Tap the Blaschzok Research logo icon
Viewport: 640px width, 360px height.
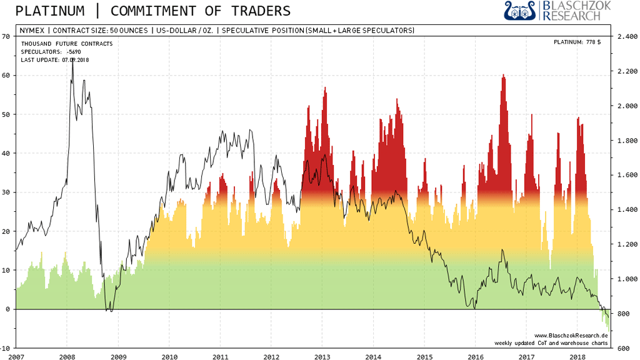tap(520, 10)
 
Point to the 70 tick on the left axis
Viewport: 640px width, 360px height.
tap(6, 36)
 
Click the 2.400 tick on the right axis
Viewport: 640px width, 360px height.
tap(627, 36)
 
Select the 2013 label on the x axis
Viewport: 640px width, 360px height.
tap(322, 356)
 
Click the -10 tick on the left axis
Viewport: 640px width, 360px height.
tap(5, 347)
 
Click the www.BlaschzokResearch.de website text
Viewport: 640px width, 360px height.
tap(571, 335)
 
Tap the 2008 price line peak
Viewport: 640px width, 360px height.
tap(72, 62)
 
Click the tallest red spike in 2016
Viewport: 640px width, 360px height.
tap(503, 76)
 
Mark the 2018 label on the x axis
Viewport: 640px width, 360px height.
tap(577, 356)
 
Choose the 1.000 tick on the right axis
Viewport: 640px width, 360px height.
tap(627, 279)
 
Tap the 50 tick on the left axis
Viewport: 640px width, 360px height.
tap(6, 114)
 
